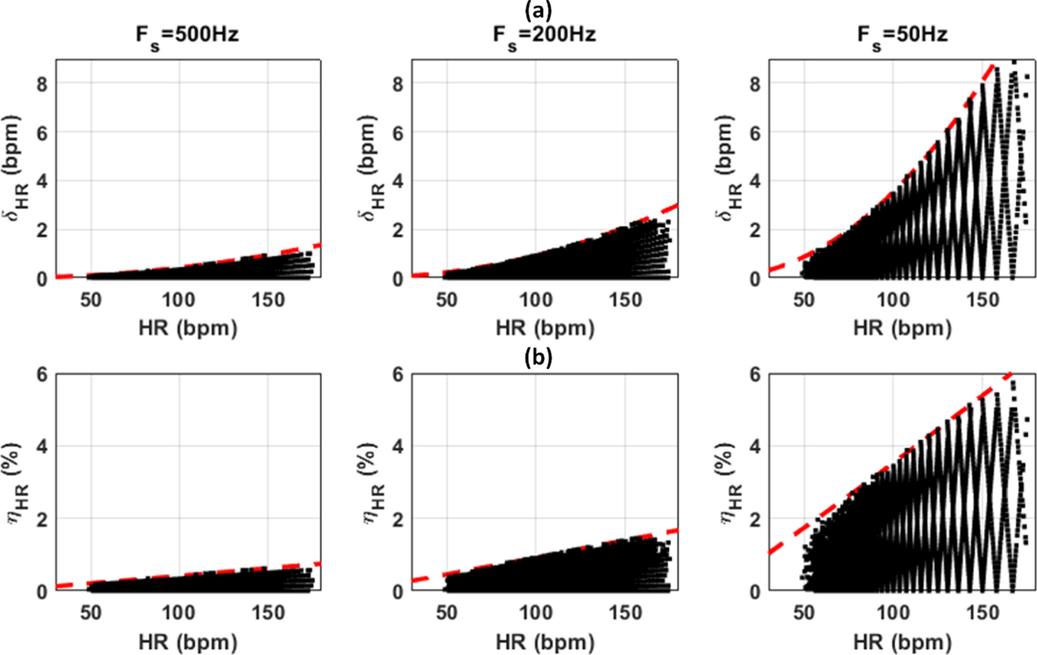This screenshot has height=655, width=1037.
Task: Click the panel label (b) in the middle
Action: click(x=538, y=357)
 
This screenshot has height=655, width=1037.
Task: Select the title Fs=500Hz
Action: click(x=187, y=34)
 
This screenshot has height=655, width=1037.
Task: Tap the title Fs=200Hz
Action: click(x=544, y=34)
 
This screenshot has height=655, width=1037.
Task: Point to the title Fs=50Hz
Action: click(x=902, y=34)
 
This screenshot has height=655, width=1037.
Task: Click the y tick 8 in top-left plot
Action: click(x=41, y=84)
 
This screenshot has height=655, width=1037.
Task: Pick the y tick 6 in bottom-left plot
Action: click(x=41, y=375)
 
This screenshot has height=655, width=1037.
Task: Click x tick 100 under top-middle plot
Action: click(x=535, y=299)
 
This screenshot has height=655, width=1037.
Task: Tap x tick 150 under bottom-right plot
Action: click(x=982, y=613)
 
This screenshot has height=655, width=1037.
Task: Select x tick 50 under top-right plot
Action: click(x=804, y=299)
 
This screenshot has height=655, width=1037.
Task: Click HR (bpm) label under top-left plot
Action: click(x=188, y=328)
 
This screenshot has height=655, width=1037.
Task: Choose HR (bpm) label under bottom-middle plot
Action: click(x=544, y=642)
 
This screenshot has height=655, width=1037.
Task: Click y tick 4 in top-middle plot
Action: click(x=397, y=181)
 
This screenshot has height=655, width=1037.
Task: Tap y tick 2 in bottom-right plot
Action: click(x=754, y=519)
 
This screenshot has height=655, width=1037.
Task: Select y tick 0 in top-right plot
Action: click(x=754, y=279)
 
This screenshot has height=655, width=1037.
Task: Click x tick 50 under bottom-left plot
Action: click(x=90, y=613)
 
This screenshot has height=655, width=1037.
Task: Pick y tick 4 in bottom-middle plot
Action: click(x=397, y=447)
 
